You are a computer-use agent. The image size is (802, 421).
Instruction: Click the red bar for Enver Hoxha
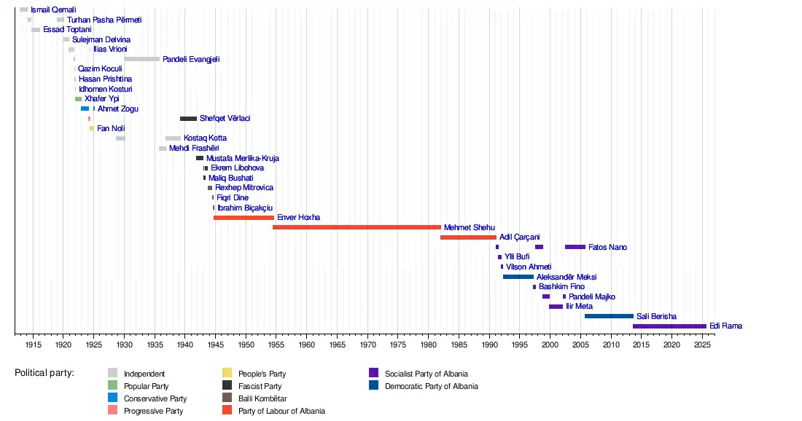click(244, 218)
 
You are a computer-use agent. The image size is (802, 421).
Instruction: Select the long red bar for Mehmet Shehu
click(357, 227)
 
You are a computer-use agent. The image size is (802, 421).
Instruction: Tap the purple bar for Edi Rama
click(669, 326)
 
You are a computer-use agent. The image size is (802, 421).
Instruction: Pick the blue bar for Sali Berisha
click(609, 316)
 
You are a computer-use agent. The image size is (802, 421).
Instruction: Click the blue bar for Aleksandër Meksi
click(518, 277)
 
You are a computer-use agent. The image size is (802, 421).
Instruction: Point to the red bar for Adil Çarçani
click(468, 237)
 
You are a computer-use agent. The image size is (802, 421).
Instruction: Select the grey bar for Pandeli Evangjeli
click(141, 59)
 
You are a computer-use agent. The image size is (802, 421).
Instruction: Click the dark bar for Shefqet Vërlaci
click(188, 119)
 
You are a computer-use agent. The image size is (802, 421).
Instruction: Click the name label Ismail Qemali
click(53, 9)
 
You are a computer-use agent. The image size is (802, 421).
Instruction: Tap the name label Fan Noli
click(111, 129)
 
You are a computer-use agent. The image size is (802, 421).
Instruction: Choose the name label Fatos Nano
click(607, 248)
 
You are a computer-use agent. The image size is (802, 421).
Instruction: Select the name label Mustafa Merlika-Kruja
click(243, 158)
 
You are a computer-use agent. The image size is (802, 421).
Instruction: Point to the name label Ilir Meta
click(579, 307)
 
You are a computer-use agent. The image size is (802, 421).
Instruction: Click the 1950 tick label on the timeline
click(246, 343)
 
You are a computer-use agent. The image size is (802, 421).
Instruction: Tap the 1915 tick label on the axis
click(32, 343)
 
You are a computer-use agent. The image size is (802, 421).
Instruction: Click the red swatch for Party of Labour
click(227, 411)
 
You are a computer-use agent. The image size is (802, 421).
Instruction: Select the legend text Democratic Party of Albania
click(431, 386)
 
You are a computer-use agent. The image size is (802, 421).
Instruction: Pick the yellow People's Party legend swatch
click(227, 374)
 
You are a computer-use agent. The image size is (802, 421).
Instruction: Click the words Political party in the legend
click(44, 373)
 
